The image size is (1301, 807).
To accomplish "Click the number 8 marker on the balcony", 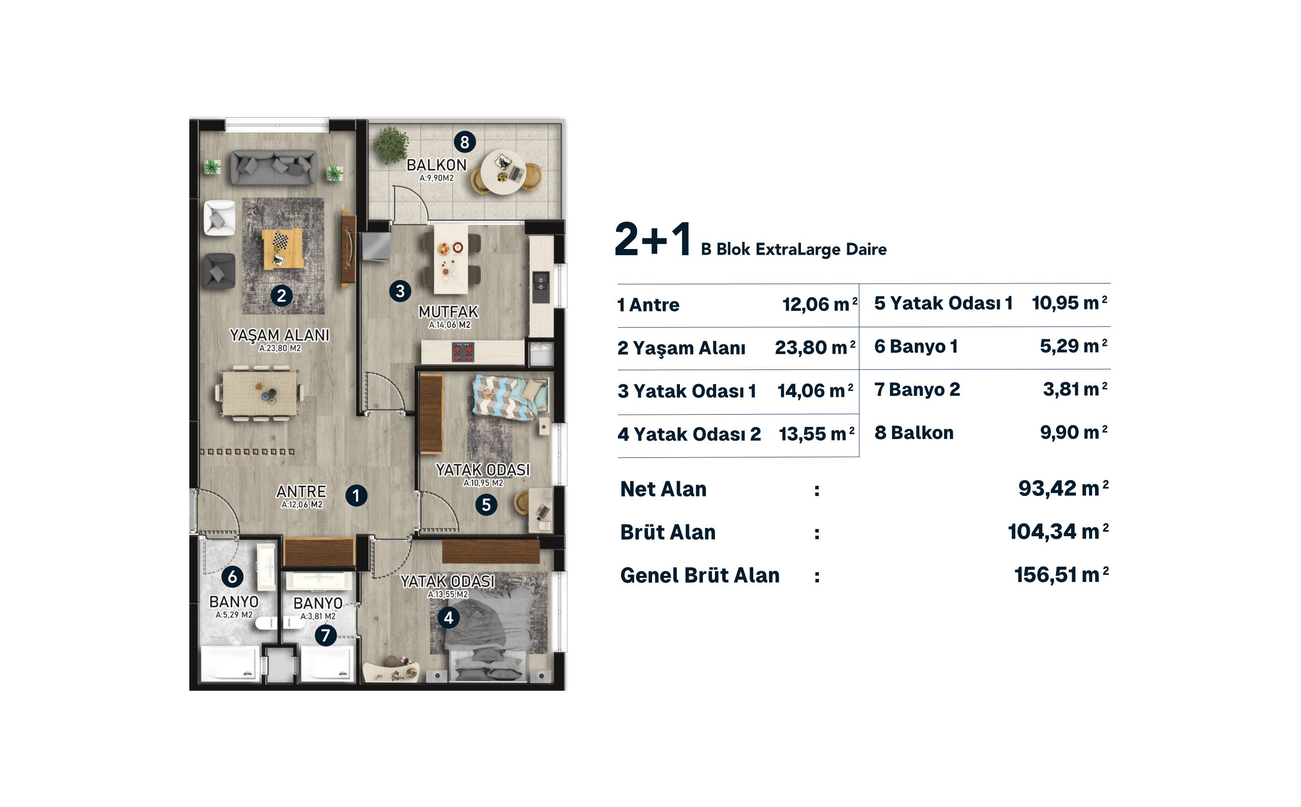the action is [x=464, y=142].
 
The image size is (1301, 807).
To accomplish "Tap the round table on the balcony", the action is [x=503, y=172].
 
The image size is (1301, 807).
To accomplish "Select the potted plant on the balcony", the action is [x=391, y=144].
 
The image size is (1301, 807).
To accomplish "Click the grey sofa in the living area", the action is [x=274, y=167].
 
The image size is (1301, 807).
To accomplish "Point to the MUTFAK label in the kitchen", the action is [x=448, y=311].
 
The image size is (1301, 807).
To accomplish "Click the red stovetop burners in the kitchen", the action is [x=462, y=352].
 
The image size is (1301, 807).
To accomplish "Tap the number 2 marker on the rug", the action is [x=281, y=295].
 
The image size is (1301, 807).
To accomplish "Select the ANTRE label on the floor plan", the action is [x=301, y=491].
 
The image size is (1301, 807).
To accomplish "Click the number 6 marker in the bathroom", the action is [x=232, y=576].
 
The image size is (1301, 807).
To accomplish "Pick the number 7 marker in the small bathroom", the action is [x=326, y=635].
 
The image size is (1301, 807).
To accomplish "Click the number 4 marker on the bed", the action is [x=448, y=618].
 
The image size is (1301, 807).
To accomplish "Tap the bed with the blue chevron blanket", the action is [x=510, y=397].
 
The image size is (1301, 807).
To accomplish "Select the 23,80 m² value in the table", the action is [x=815, y=348].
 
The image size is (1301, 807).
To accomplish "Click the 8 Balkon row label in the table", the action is [x=914, y=432].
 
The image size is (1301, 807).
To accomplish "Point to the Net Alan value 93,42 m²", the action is [x=1063, y=488].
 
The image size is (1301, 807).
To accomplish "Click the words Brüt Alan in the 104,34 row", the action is [x=668, y=532].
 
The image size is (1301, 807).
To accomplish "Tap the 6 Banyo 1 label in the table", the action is [x=916, y=347].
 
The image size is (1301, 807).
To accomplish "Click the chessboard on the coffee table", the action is [x=281, y=241].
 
